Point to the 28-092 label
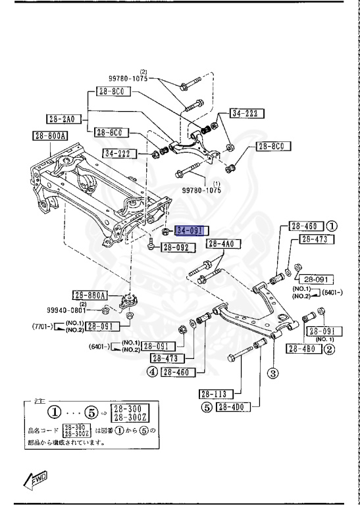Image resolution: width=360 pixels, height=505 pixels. tap(176, 248)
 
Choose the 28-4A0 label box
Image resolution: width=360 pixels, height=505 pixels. tap(222, 244)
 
